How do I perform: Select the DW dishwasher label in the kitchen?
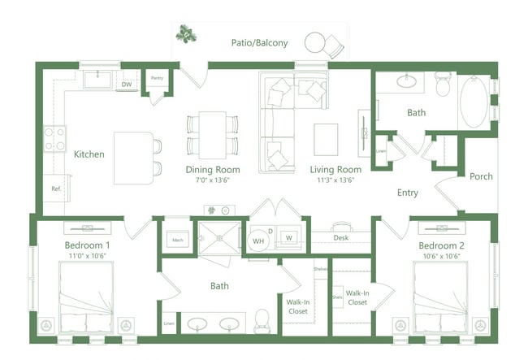[x=127, y=84]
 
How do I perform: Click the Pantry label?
[x=157, y=79]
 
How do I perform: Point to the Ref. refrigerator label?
[x=56, y=189]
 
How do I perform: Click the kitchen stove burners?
[x=54, y=138]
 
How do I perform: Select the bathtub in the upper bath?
[x=474, y=103]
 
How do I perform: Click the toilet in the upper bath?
[x=442, y=84]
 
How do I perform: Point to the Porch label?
[x=481, y=176]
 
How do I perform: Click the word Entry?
[x=407, y=193]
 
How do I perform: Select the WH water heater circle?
[x=259, y=240]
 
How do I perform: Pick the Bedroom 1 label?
[x=88, y=245]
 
